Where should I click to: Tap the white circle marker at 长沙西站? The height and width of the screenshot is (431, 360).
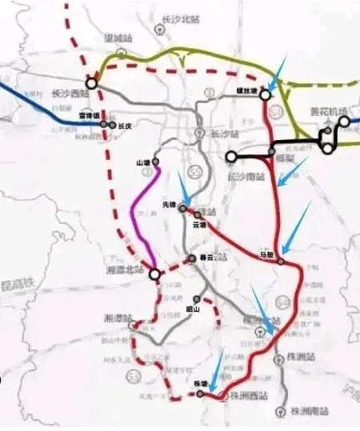point(91,82)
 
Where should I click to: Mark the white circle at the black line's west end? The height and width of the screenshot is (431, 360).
point(230,156)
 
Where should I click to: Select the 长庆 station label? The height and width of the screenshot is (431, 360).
point(123,126)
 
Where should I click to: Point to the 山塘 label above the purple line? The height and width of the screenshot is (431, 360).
point(144,163)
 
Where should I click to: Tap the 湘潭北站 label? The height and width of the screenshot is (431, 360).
point(124,273)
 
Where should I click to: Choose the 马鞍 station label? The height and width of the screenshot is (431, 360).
point(266,255)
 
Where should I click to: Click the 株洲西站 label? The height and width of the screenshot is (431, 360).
point(247,395)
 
